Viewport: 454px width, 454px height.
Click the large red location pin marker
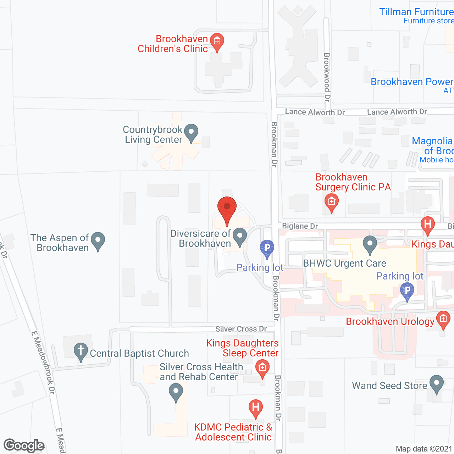click(x=227, y=209)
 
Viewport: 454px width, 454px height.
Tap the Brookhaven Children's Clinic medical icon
click(x=217, y=41)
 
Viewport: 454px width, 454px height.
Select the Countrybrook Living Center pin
click(x=192, y=133)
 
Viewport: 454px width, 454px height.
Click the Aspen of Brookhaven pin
click(x=98, y=241)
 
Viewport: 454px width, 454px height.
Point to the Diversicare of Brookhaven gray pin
click(x=240, y=237)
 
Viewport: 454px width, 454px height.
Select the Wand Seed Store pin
click(x=436, y=384)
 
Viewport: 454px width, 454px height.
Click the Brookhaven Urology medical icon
click(x=443, y=319)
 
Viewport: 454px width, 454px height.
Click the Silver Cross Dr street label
click(x=241, y=329)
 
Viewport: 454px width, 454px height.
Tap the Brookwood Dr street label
click(x=327, y=77)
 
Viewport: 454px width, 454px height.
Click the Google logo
click(x=24, y=445)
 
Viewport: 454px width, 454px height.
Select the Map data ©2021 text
click(x=424, y=449)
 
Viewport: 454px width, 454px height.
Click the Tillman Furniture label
click(x=416, y=12)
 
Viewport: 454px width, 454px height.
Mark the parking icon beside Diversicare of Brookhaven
click(x=267, y=248)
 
